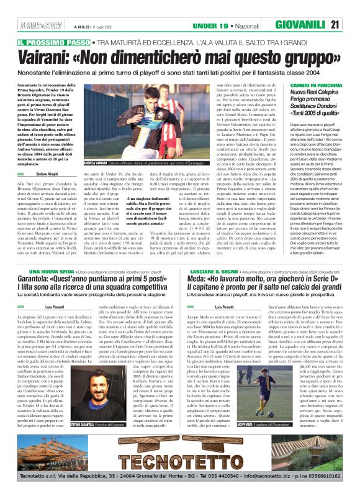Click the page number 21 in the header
pos(351,25)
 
